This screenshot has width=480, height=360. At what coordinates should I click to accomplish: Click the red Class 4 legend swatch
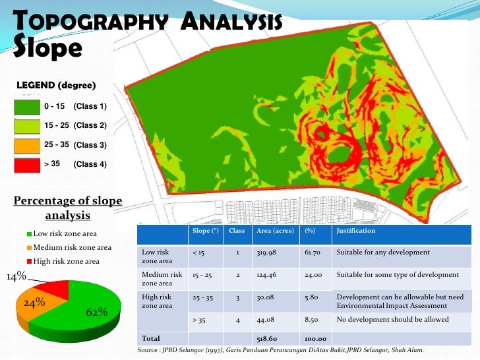(x=26, y=164)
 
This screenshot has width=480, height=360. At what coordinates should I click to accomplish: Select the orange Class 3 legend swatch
(x=26, y=144)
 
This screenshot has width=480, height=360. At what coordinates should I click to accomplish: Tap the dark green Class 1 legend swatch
(x=26, y=107)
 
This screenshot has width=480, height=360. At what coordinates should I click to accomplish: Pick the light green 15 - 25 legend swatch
(x=26, y=125)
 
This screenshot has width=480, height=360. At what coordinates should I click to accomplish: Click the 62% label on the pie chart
(x=97, y=312)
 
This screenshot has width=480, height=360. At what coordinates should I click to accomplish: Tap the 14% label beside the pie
(x=16, y=277)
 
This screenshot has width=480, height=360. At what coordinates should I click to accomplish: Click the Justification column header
(x=356, y=231)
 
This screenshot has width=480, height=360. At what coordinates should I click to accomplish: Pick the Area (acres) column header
(x=272, y=231)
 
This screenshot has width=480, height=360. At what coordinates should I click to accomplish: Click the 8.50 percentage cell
(x=311, y=320)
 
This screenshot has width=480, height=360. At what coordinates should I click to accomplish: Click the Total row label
(x=151, y=338)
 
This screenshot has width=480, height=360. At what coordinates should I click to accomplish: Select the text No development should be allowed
(x=392, y=320)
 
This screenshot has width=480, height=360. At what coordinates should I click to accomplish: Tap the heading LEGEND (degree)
(x=56, y=86)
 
